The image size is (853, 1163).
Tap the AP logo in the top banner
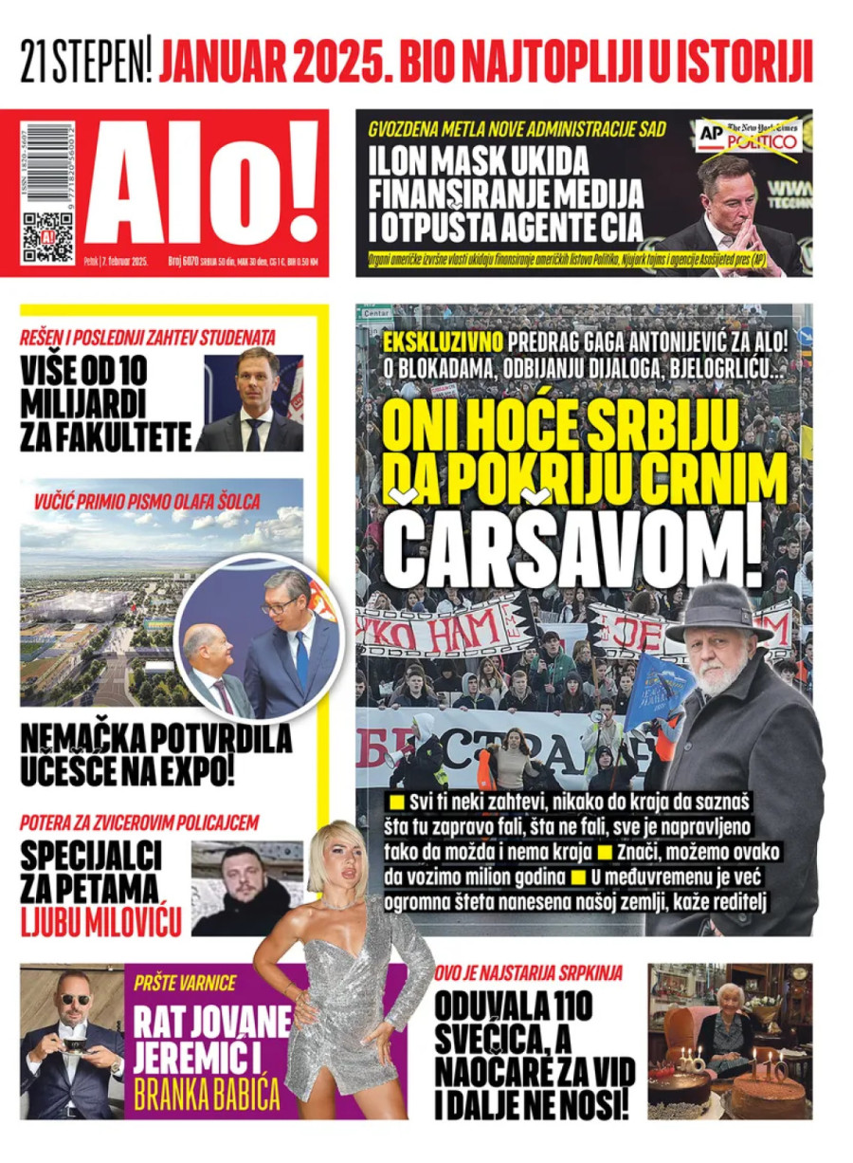(x=710, y=135)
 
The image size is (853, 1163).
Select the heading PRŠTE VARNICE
(x=185, y=983)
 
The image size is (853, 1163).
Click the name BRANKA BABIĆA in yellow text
(x=207, y=1093)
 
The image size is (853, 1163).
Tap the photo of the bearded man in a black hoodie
(x=246, y=888)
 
